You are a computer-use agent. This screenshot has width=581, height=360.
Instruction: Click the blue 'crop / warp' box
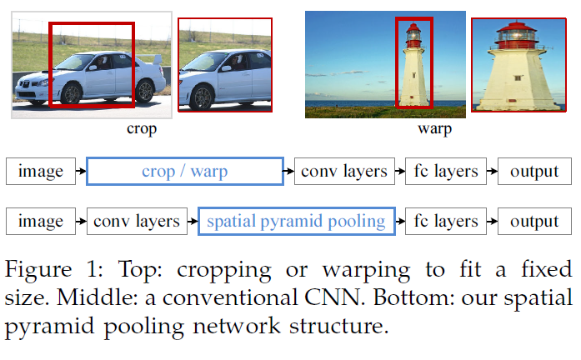tap(185, 172)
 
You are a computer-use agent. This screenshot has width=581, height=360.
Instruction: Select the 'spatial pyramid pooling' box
tap(296, 221)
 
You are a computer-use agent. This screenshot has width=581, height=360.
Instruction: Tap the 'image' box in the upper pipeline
tap(40, 172)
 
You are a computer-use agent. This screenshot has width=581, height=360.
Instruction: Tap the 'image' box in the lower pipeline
tap(40, 221)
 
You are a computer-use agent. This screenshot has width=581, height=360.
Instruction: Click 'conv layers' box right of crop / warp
tap(343, 172)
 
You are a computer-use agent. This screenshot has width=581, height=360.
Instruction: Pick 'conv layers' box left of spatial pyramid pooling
tap(137, 221)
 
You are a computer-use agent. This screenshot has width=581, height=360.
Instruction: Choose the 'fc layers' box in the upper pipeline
tap(446, 172)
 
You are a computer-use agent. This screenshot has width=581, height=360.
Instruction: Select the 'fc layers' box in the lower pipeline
tap(446, 221)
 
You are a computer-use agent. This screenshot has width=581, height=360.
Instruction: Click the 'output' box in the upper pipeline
tap(534, 172)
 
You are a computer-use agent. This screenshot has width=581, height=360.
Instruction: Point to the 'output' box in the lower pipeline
tap(534, 221)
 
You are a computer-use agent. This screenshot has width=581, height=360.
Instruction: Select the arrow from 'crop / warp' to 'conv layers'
tap(288, 172)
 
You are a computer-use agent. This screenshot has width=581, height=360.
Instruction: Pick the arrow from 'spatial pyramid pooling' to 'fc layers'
tap(399, 221)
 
